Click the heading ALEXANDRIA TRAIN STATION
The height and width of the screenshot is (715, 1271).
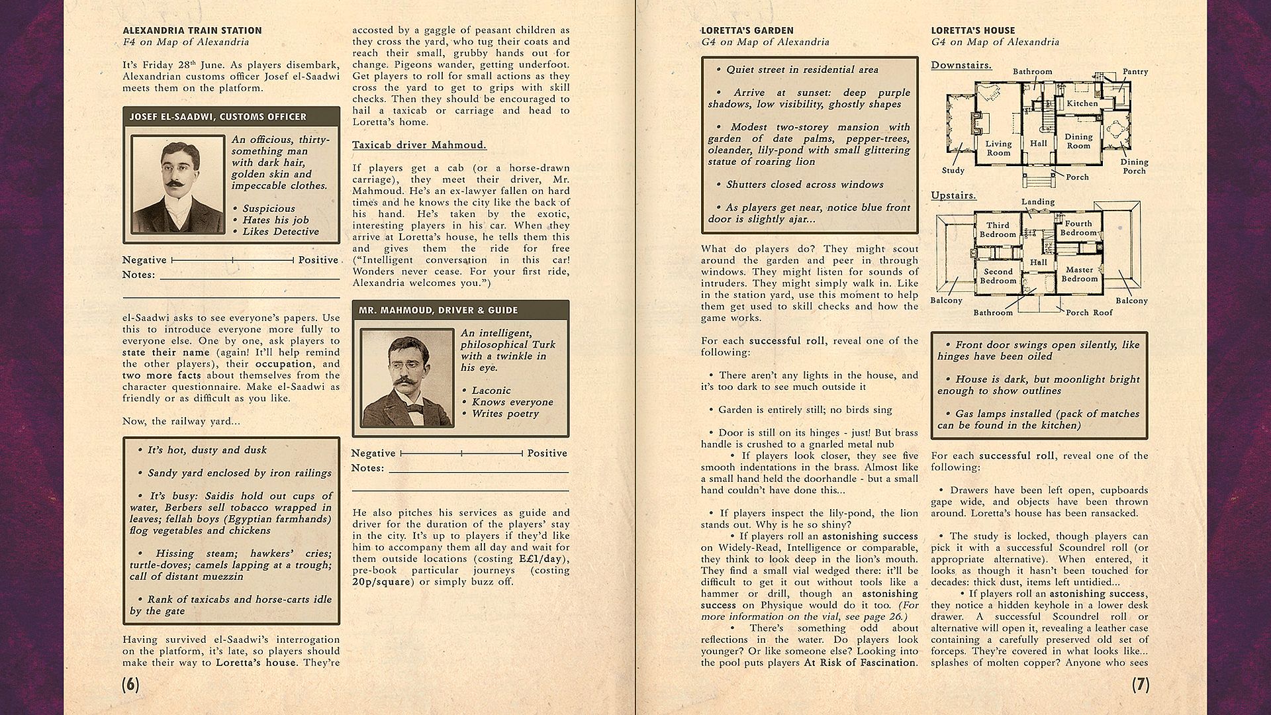point(192,30)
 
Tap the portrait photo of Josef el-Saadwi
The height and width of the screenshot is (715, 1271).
point(177,184)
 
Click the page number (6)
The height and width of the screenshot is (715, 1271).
point(131,685)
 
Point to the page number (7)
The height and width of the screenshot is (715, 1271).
point(1140,685)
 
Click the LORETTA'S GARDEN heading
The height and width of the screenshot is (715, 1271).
point(747,30)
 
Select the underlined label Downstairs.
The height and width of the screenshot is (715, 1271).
point(961,66)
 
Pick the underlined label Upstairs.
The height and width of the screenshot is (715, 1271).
point(953,196)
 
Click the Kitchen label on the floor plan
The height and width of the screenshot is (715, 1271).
point(1082,103)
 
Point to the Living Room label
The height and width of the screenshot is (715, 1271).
point(998,148)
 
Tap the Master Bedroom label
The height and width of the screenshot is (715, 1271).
point(1080,274)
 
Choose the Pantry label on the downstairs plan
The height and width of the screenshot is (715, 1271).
point(1135,71)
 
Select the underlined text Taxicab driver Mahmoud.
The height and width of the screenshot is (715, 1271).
point(419,145)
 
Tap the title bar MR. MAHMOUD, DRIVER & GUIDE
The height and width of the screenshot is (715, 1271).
point(438,310)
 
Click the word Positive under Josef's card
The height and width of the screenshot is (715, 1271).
point(318,260)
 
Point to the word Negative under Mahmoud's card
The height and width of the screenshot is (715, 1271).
point(373,453)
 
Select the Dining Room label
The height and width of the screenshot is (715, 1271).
point(1078,141)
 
